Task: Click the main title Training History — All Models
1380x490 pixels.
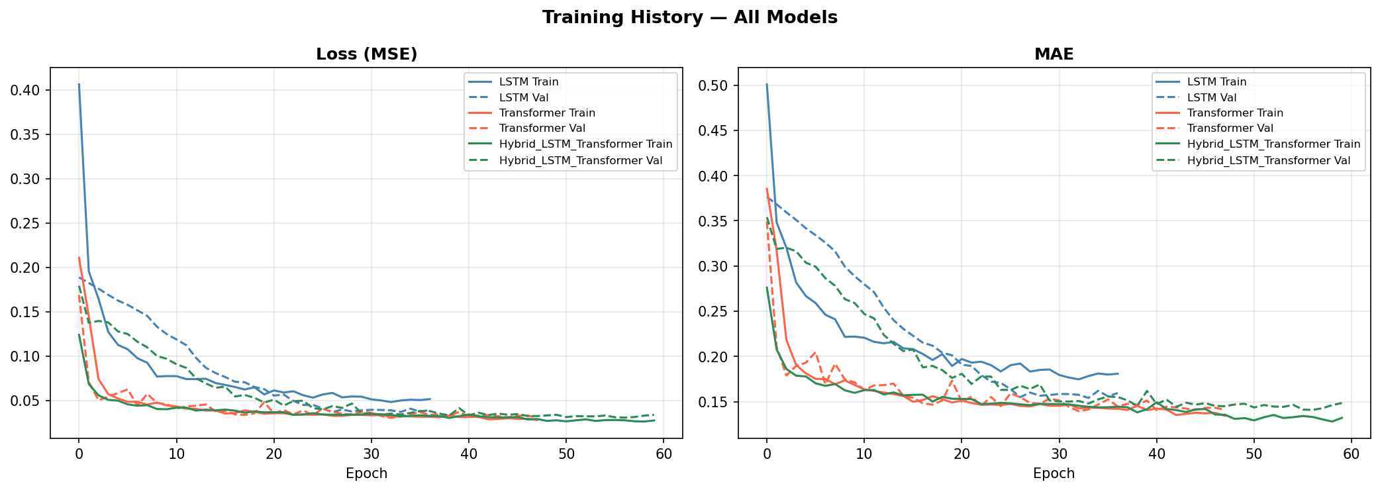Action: [689, 18]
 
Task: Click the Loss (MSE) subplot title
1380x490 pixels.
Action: [366, 54]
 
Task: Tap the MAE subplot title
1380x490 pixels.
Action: [1054, 54]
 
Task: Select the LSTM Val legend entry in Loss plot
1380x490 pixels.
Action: [523, 97]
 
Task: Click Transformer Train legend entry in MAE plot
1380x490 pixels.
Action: [1234, 113]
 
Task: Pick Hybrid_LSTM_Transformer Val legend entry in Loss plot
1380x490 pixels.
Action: [580, 160]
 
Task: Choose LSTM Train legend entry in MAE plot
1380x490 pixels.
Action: [1216, 82]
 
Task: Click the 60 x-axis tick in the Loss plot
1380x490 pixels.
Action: [664, 454]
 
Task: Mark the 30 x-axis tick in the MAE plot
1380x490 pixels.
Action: [1059, 454]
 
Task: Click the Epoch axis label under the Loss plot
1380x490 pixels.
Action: [366, 473]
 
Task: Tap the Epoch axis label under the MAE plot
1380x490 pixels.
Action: [1054, 473]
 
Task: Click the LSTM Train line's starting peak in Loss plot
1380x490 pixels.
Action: [79, 84]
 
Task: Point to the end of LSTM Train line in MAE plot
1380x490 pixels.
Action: [1118, 373]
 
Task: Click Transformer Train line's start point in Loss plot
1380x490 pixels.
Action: [79, 258]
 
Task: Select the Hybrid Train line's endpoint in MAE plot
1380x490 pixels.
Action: [1342, 417]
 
